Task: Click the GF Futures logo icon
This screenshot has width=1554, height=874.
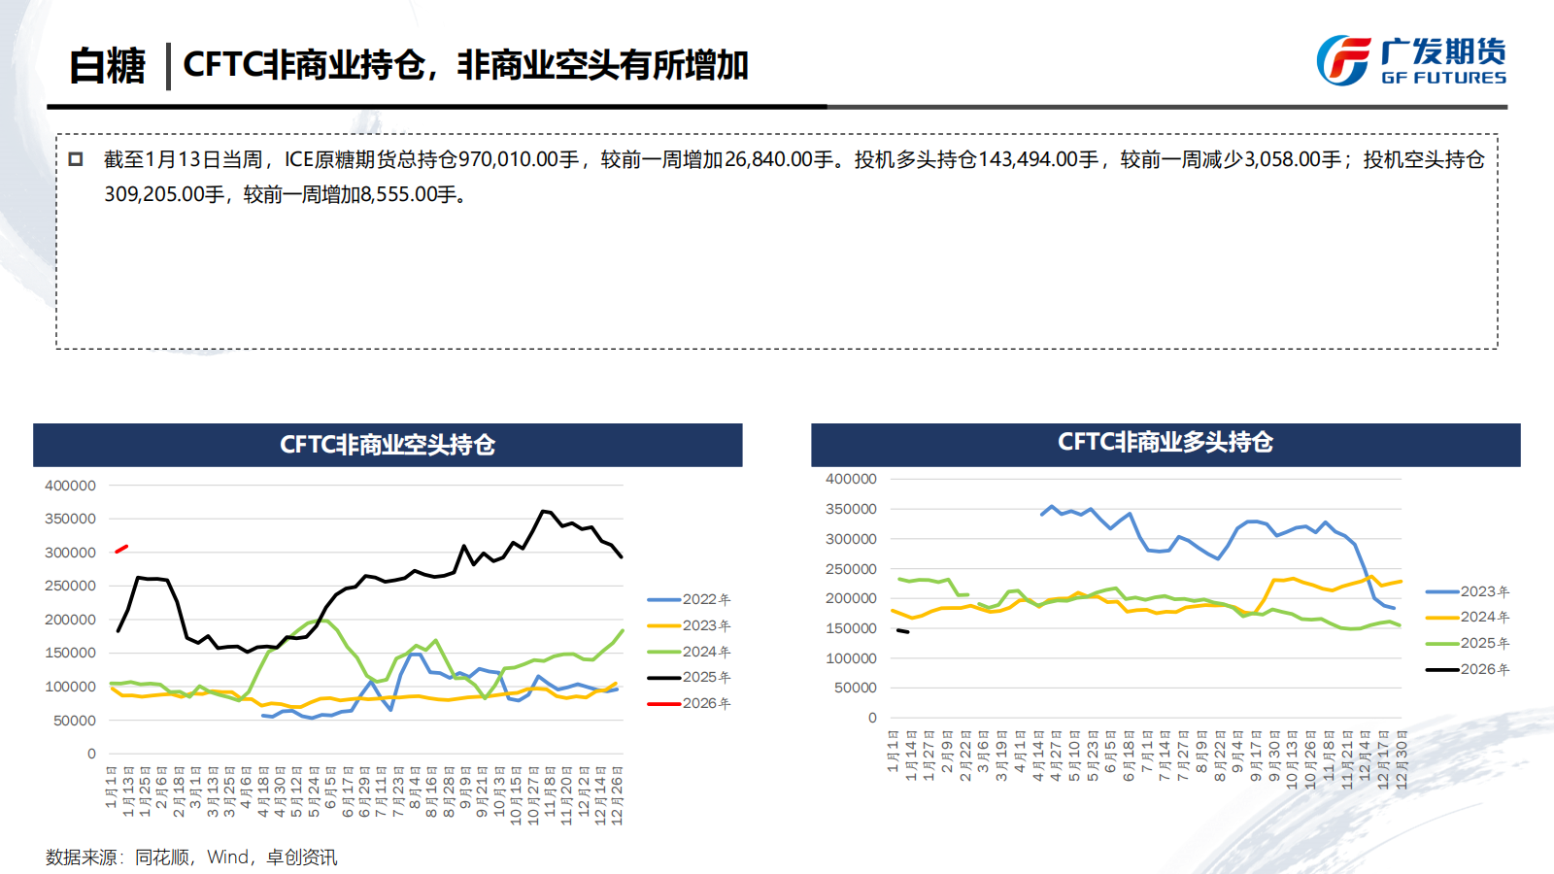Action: click(1343, 60)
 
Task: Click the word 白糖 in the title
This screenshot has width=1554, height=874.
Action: click(107, 66)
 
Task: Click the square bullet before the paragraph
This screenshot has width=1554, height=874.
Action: click(76, 159)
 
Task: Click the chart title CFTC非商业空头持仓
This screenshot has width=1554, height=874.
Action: click(388, 445)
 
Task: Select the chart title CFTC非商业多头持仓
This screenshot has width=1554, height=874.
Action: click(1165, 442)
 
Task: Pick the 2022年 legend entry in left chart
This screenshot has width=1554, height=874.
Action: click(690, 599)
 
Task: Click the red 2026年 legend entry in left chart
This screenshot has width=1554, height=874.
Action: click(690, 703)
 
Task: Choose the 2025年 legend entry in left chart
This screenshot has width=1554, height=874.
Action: click(690, 677)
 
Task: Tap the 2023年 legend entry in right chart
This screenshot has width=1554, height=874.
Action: click(1468, 591)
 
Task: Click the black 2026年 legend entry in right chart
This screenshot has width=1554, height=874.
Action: click(1468, 669)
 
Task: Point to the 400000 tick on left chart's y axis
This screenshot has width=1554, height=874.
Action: click(70, 486)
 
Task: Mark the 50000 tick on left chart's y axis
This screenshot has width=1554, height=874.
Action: click(74, 721)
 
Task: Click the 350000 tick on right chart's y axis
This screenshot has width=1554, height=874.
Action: click(851, 509)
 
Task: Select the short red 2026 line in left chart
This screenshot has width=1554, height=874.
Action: click(121, 549)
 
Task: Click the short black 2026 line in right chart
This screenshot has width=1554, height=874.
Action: click(902, 631)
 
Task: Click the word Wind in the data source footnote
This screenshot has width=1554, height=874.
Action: click(227, 857)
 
